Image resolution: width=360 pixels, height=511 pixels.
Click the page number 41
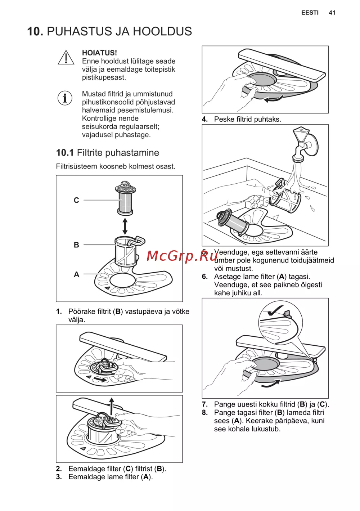(x=332, y=13)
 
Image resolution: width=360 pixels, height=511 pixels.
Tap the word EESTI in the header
(x=310, y=13)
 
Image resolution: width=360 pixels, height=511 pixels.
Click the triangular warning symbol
(x=66, y=57)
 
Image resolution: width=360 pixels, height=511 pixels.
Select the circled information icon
(x=65, y=98)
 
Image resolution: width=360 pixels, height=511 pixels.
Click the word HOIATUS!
(x=99, y=53)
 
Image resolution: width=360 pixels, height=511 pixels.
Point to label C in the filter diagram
(x=76, y=200)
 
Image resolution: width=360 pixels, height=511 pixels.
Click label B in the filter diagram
(x=76, y=245)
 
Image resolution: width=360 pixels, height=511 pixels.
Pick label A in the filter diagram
(x=77, y=274)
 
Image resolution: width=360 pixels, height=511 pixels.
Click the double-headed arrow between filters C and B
(x=125, y=226)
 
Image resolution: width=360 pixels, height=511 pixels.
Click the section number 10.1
(x=65, y=153)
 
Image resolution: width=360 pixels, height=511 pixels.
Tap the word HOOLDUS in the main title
(x=162, y=31)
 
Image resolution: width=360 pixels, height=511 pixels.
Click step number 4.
(x=205, y=119)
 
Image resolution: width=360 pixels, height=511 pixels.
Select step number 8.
(x=205, y=412)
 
